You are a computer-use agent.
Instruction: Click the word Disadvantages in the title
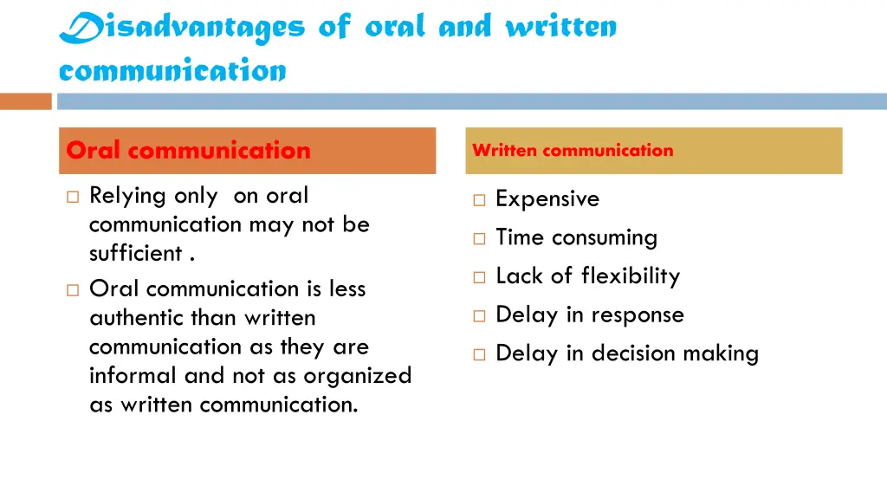[182, 28]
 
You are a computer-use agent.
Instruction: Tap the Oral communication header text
[188, 151]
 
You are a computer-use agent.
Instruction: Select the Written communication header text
[573, 151]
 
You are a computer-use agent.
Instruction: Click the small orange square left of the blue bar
[26, 101]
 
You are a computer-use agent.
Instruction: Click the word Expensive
[547, 199]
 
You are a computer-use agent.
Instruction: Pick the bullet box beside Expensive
[479, 200]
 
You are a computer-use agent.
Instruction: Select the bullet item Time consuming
[576, 237]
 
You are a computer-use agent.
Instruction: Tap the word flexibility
[631, 276]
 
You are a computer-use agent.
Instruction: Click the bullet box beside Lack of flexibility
[479, 277]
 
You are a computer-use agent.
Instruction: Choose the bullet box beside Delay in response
[479, 316]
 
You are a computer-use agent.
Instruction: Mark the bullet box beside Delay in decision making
[479, 354]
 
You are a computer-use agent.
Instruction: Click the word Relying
[127, 197]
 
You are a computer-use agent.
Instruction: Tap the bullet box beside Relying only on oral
[73, 197]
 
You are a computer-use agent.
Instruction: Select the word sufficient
[136, 254]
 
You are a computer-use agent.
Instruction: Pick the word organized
[357, 376]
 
